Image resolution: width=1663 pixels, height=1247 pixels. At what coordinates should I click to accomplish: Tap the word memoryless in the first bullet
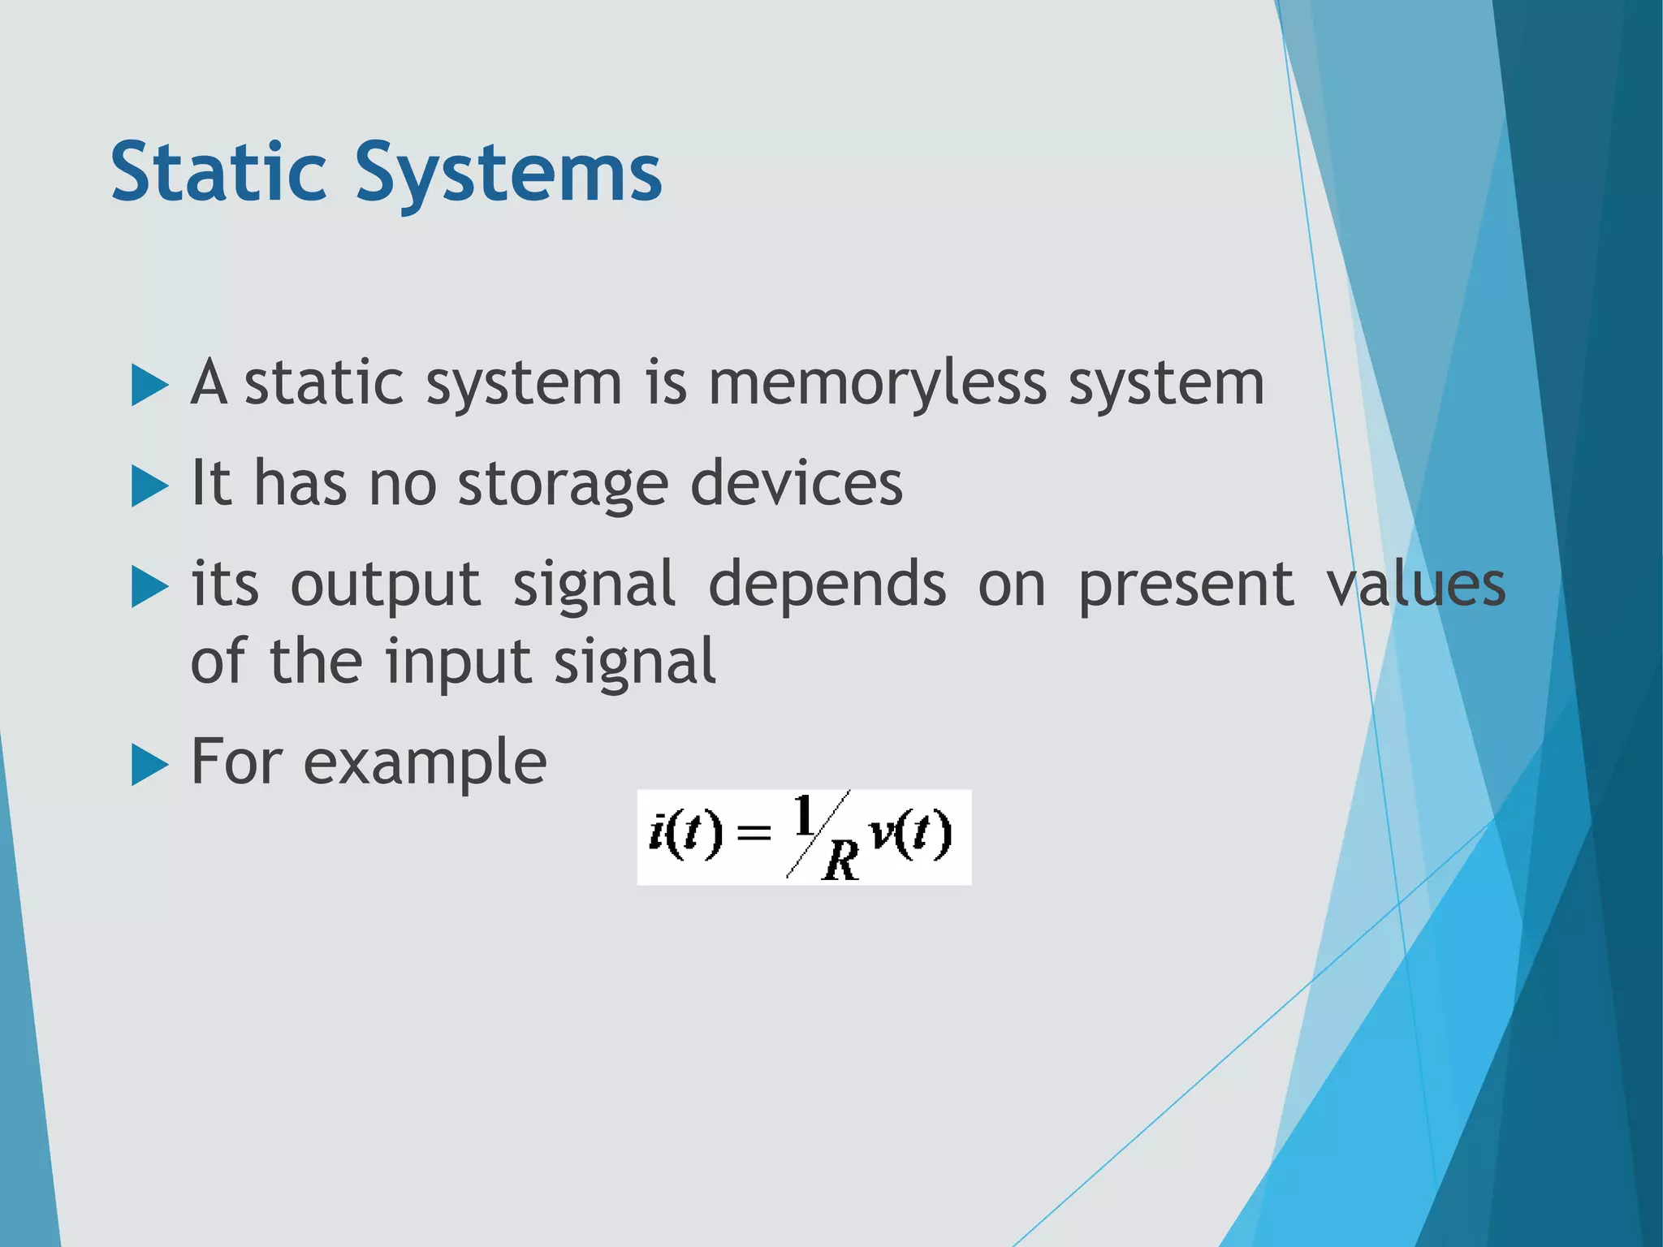877,383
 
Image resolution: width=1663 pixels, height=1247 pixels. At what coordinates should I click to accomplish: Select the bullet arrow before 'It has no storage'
149,485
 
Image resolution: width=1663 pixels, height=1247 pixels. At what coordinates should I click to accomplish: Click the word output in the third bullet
386,585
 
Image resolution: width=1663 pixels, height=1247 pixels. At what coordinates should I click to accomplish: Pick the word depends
827,584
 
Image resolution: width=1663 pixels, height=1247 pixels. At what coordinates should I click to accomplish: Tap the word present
1186,585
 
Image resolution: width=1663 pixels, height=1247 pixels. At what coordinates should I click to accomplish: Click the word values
1416,584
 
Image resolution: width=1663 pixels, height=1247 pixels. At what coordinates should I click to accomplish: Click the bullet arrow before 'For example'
149,765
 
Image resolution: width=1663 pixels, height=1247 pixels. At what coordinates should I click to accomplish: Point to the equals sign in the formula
753,833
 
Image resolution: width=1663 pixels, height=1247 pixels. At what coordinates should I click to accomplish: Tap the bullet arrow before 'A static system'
149,385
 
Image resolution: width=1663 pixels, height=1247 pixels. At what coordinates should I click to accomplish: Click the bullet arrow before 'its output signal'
149,586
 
